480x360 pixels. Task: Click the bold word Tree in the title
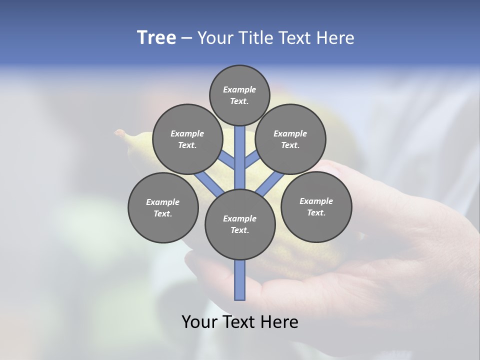156,38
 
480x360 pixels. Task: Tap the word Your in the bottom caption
199,322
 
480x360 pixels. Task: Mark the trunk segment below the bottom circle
240,280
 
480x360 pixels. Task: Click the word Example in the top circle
239,90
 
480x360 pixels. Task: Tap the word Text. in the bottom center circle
239,230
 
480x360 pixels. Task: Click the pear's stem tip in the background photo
118,132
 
